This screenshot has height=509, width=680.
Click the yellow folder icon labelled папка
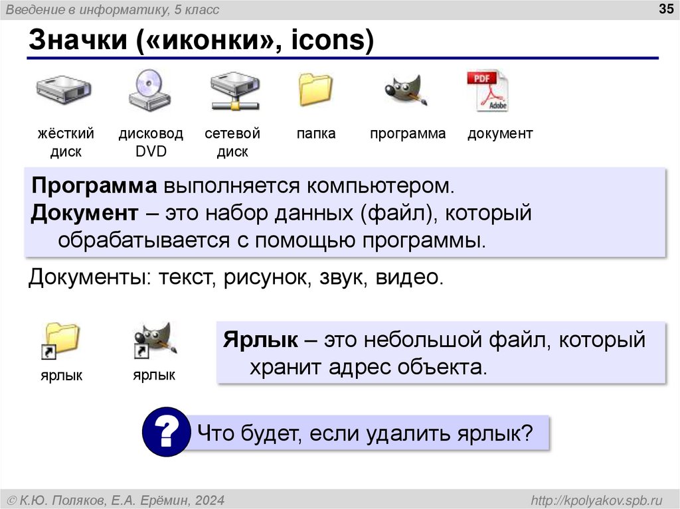coord(315,90)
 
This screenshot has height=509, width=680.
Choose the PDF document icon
coord(488,91)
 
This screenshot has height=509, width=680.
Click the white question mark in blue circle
coord(165,433)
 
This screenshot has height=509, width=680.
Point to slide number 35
coord(664,9)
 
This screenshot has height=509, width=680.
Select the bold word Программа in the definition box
coord(93,185)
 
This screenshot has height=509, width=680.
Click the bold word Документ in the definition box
coord(84,213)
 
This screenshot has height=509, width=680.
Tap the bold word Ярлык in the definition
coord(260,340)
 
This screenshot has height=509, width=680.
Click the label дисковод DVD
coord(151,142)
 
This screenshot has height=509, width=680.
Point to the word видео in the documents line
coord(408,276)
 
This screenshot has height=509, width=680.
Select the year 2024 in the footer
coord(210,499)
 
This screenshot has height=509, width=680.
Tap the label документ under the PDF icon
coord(499,133)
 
